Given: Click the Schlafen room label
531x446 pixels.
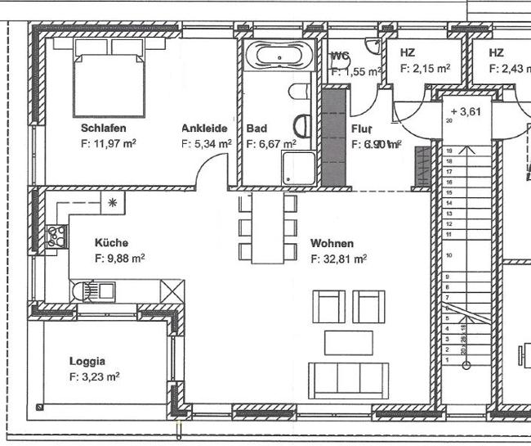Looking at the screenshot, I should tap(103, 128).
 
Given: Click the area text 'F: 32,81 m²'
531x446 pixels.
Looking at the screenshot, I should tap(338, 259).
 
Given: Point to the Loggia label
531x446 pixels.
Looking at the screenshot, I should tap(87, 361).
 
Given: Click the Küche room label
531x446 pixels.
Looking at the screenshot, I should tap(111, 243).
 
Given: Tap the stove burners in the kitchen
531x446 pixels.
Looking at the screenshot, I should tap(57, 236).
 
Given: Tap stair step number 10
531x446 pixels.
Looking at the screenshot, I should tap(448, 255).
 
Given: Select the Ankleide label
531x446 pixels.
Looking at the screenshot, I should tap(204, 128).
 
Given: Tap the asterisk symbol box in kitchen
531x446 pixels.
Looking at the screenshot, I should tap(113, 202).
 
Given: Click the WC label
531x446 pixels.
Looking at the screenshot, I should tap(340, 56).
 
